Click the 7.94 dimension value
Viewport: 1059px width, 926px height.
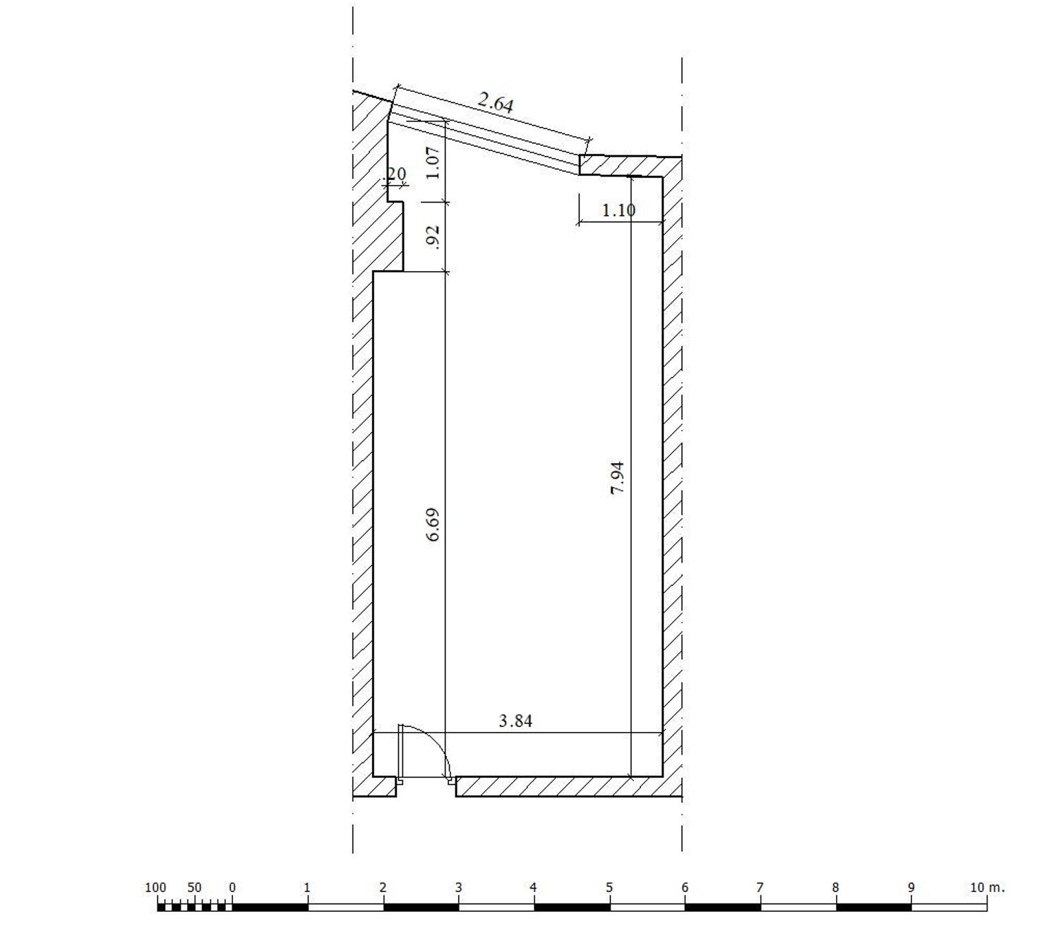618,478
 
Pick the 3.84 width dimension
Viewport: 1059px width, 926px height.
515,721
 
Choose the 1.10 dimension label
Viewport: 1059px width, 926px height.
619,210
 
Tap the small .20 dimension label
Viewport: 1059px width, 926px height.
396,174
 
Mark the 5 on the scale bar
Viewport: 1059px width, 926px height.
609,888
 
